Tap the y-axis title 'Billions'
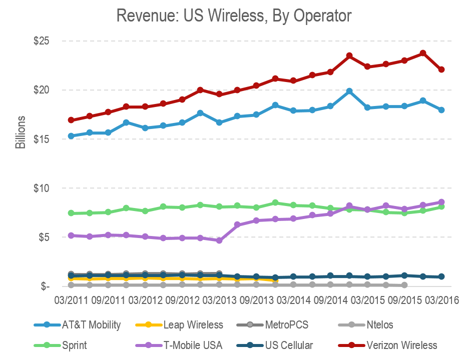tap(20, 132)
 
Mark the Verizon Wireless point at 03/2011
tap(71, 120)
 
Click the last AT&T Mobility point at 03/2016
tap(441, 110)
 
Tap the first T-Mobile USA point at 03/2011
tap(71, 235)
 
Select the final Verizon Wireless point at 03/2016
tap(441, 69)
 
